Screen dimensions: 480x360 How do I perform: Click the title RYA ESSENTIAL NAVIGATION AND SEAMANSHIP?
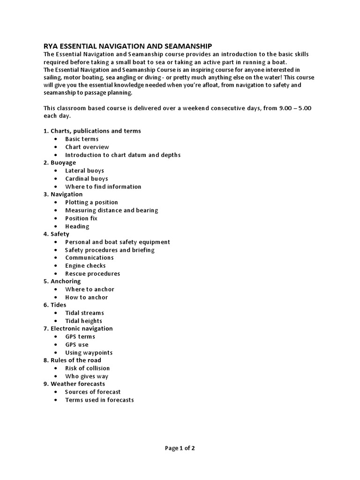[x=127, y=46]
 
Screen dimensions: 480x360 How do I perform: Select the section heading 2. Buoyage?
[x=60, y=163]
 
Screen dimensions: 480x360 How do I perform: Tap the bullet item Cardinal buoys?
[x=87, y=179]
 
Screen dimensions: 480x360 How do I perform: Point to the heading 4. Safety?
[x=56, y=234]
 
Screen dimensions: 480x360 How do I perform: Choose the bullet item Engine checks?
[x=85, y=266]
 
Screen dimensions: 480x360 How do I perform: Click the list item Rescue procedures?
[x=92, y=274]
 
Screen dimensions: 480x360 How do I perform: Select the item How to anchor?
[x=86, y=297]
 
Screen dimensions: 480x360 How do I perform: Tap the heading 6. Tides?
[x=55, y=305]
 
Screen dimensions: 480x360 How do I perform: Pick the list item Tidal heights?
[x=83, y=321]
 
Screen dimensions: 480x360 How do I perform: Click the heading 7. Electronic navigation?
[x=78, y=329]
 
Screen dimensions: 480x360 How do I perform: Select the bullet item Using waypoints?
[x=89, y=352]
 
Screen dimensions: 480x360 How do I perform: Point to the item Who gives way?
[x=87, y=376]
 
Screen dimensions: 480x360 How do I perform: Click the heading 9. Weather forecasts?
[x=74, y=384]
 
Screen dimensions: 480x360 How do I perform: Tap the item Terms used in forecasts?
[x=99, y=400]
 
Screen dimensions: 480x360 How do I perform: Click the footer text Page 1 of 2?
[x=180, y=448]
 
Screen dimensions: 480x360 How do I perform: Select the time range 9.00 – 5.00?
[x=295, y=108]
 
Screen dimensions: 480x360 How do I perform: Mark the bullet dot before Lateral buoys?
[x=56, y=171]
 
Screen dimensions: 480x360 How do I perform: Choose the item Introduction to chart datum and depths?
[x=123, y=155]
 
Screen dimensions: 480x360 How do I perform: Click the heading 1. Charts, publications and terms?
[x=92, y=131]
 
